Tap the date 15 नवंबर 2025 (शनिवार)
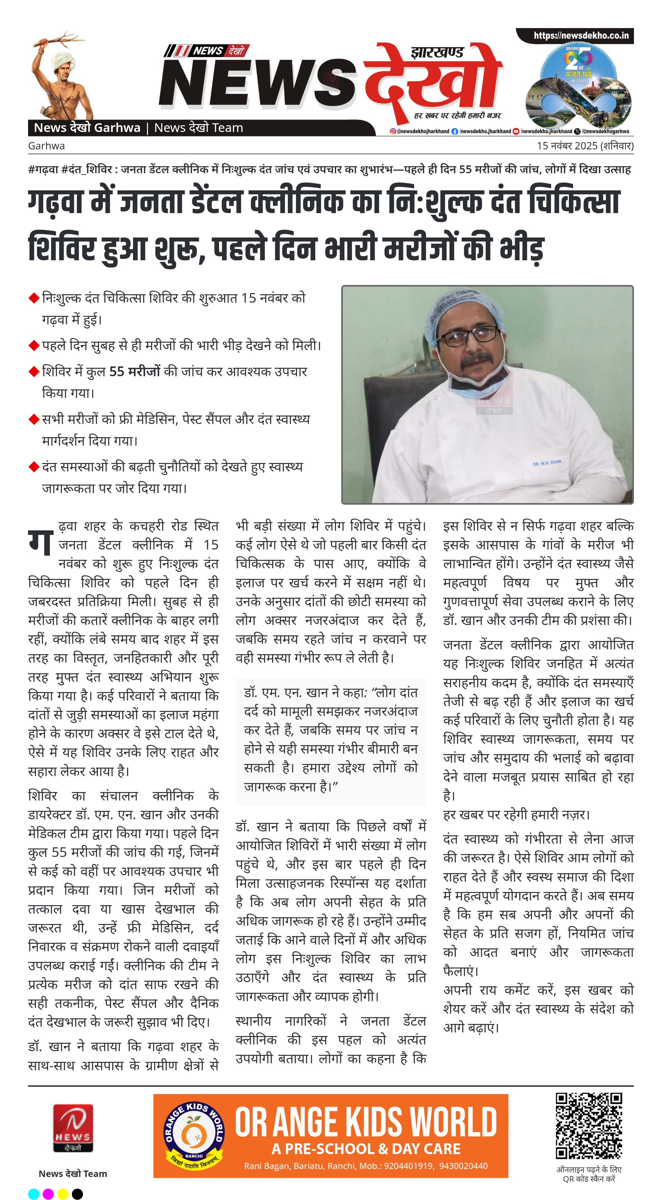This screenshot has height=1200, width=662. (585, 146)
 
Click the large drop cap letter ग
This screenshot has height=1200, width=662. (40, 543)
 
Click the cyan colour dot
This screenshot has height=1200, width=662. (33, 1194)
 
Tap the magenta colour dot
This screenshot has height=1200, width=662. (48, 1194)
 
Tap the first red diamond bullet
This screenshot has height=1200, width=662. (33, 298)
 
